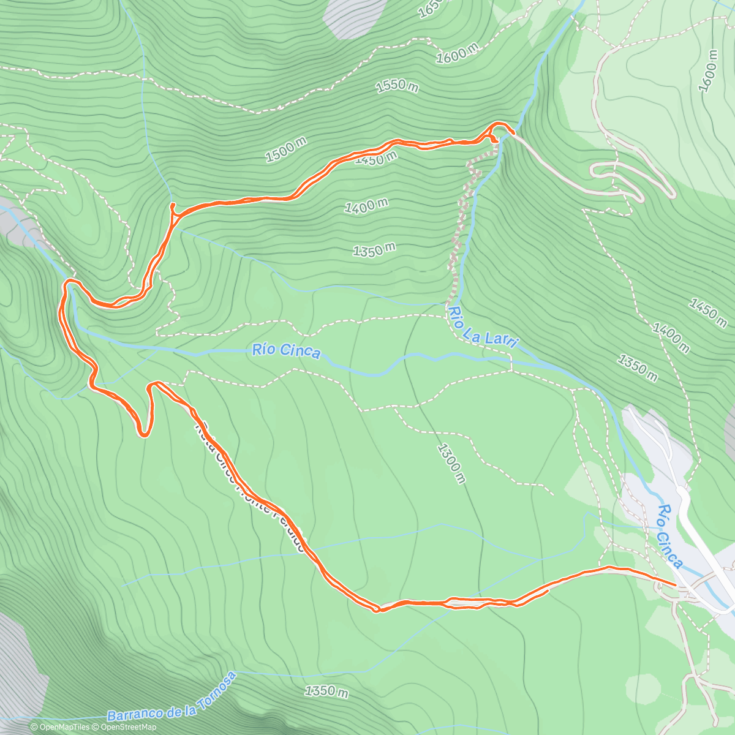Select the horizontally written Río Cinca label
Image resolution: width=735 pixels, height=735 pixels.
tap(286, 350)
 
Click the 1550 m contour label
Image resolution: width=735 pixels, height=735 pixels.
tap(398, 86)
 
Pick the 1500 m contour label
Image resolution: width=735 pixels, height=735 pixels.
tap(286, 149)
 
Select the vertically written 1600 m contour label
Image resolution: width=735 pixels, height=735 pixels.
tap(708, 71)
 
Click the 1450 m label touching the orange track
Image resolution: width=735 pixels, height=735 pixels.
tap(375, 160)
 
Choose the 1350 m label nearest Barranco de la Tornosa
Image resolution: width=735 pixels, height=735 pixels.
tap(326, 691)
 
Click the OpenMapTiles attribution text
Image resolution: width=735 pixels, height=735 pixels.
tap(59, 727)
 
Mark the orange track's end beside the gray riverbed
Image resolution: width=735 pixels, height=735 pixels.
tap(675, 585)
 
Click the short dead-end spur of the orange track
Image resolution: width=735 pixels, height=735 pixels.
tap(173, 206)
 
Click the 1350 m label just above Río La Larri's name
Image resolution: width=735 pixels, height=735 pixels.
tap(374, 251)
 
